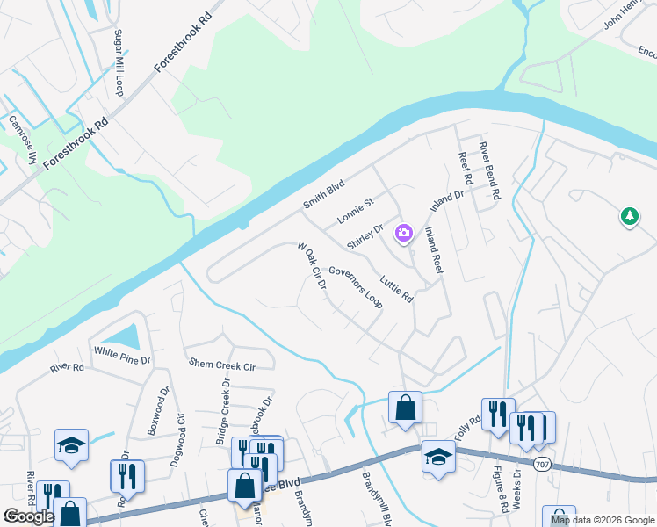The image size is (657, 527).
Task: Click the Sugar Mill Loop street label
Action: (x=118, y=62)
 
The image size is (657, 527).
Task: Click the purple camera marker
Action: (x=404, y=233)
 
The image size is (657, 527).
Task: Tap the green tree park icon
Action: (x=629, y=215)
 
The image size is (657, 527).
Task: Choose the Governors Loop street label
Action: (x=357, y=288)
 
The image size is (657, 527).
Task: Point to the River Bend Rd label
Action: (x=488, y=169)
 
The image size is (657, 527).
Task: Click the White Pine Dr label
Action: (x=123, y=357)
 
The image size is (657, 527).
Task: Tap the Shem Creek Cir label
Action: (x=221, y=364)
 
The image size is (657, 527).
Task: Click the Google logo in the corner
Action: (x=28, y=516)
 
